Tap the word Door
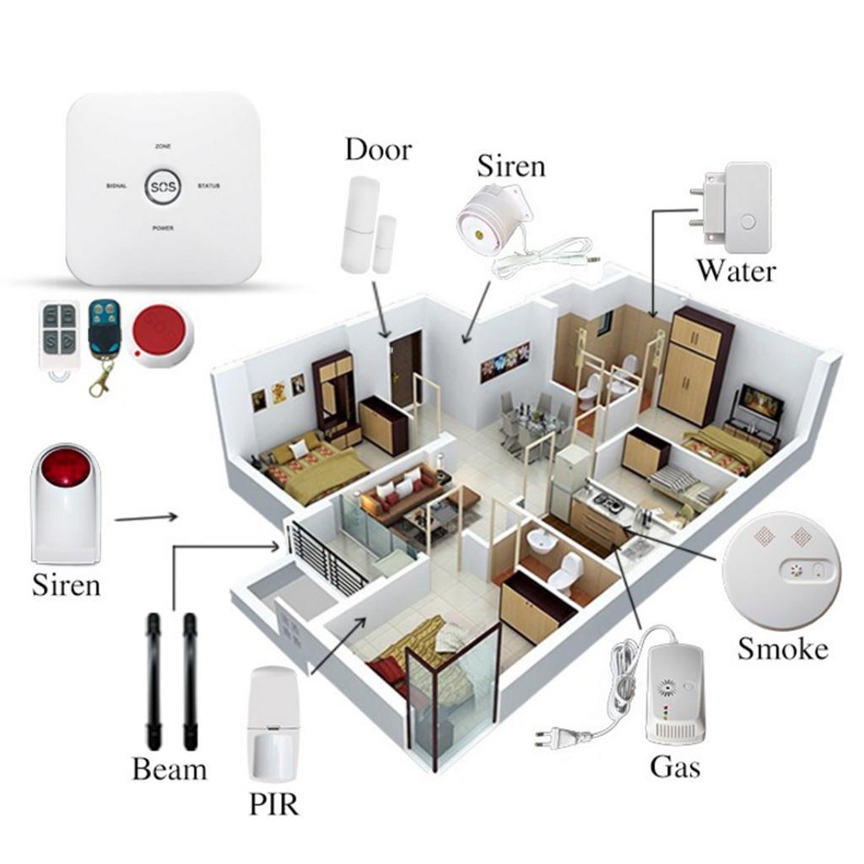[x=378, y=150]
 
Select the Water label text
[x=735, y=272]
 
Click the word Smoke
[x=782, y=648]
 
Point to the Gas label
[x=675, y=767]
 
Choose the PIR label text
[x=273, y=804]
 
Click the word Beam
[x=169, y=769]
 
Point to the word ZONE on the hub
[x=163, y=147]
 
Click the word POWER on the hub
[x=163, y=228]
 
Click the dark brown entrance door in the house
[x=405, y=369]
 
